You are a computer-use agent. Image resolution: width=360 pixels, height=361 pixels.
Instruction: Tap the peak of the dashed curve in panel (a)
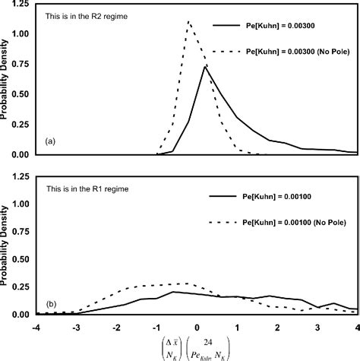click(188, 21)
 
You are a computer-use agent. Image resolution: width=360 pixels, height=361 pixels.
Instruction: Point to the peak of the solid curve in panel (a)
click(204, 66)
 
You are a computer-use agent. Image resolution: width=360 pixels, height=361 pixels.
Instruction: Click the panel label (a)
click(51, 141)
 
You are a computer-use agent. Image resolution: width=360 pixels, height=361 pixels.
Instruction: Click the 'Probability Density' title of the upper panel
click(7, 78)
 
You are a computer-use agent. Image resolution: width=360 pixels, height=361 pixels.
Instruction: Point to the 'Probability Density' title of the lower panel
click(7, 244)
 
